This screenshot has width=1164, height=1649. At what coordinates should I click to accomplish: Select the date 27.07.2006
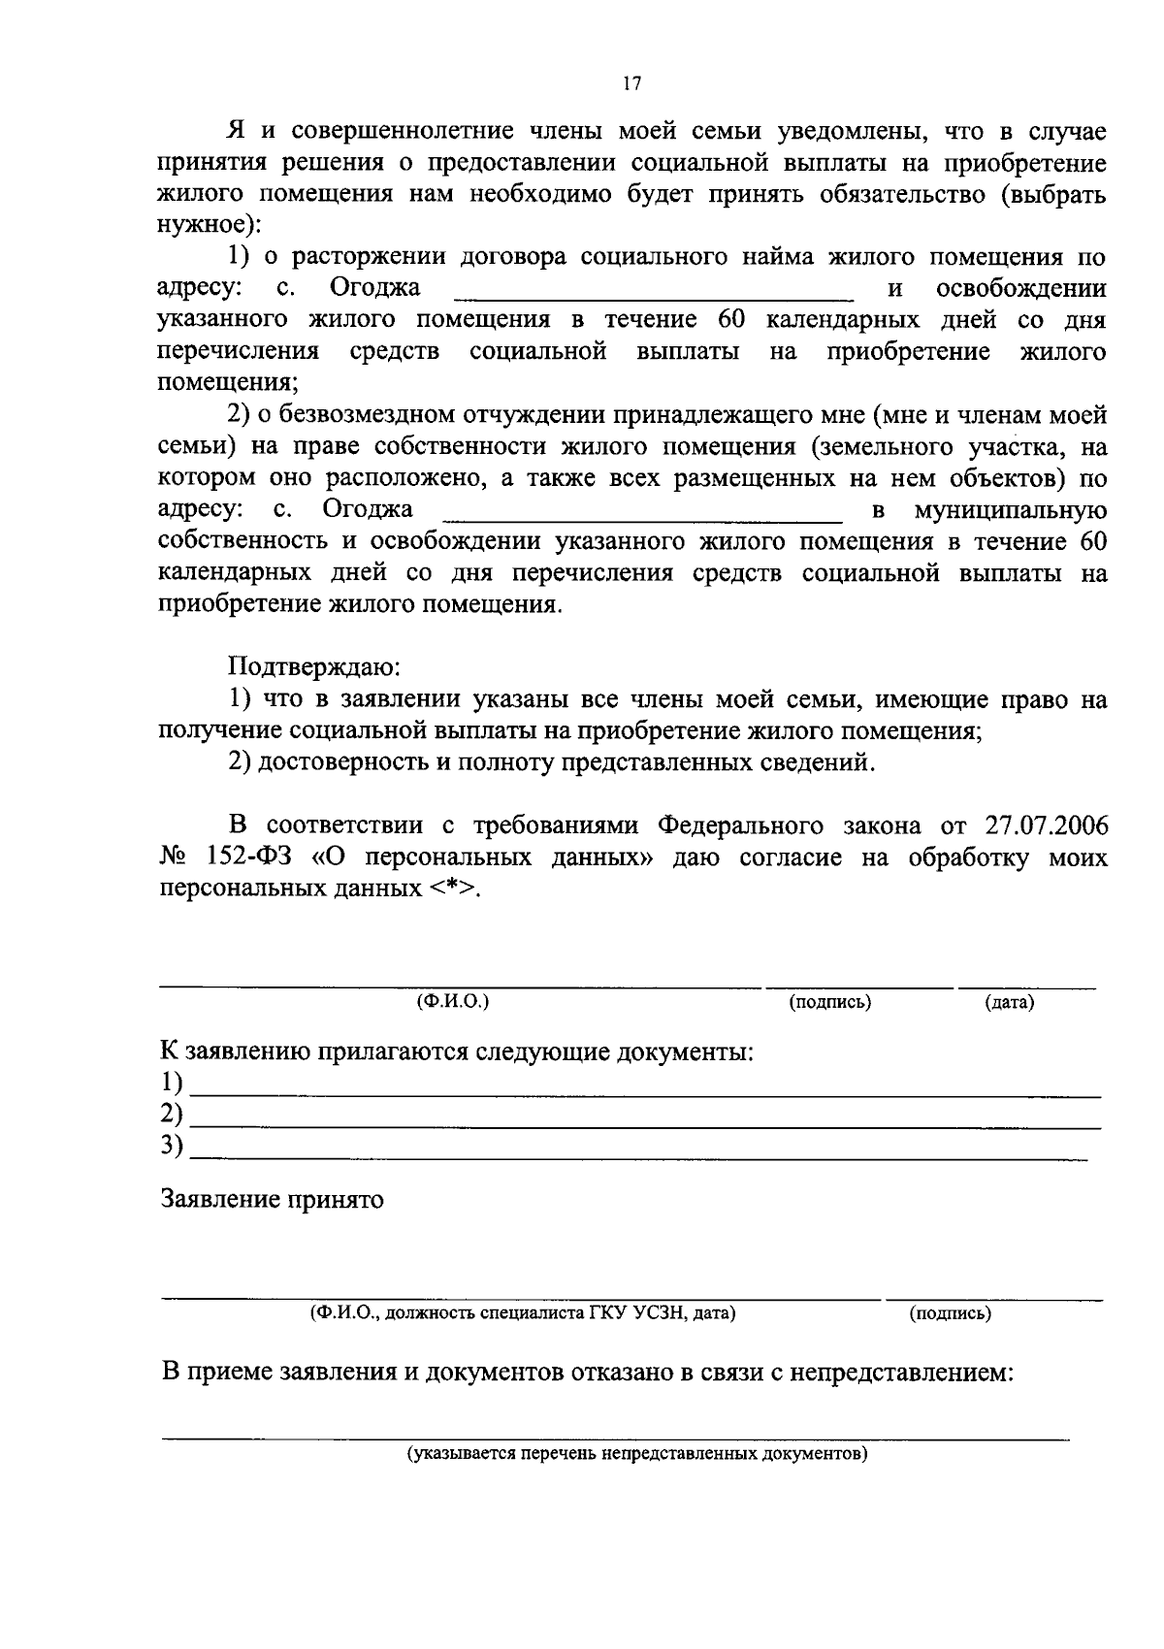click(1046, 825)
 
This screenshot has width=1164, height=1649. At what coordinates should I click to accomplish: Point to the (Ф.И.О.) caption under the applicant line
click(452, 1001)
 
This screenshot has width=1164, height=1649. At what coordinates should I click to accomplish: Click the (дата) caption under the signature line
click(1009, 1002)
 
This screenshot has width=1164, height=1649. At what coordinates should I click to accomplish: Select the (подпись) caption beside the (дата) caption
click(829, 1002)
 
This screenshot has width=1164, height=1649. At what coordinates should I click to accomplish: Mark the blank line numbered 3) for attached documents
click(640, 1154)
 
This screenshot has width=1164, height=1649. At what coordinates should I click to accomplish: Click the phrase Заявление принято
click(272, 1200)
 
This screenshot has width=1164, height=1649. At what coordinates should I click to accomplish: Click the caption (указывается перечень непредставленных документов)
click(637, 1454)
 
